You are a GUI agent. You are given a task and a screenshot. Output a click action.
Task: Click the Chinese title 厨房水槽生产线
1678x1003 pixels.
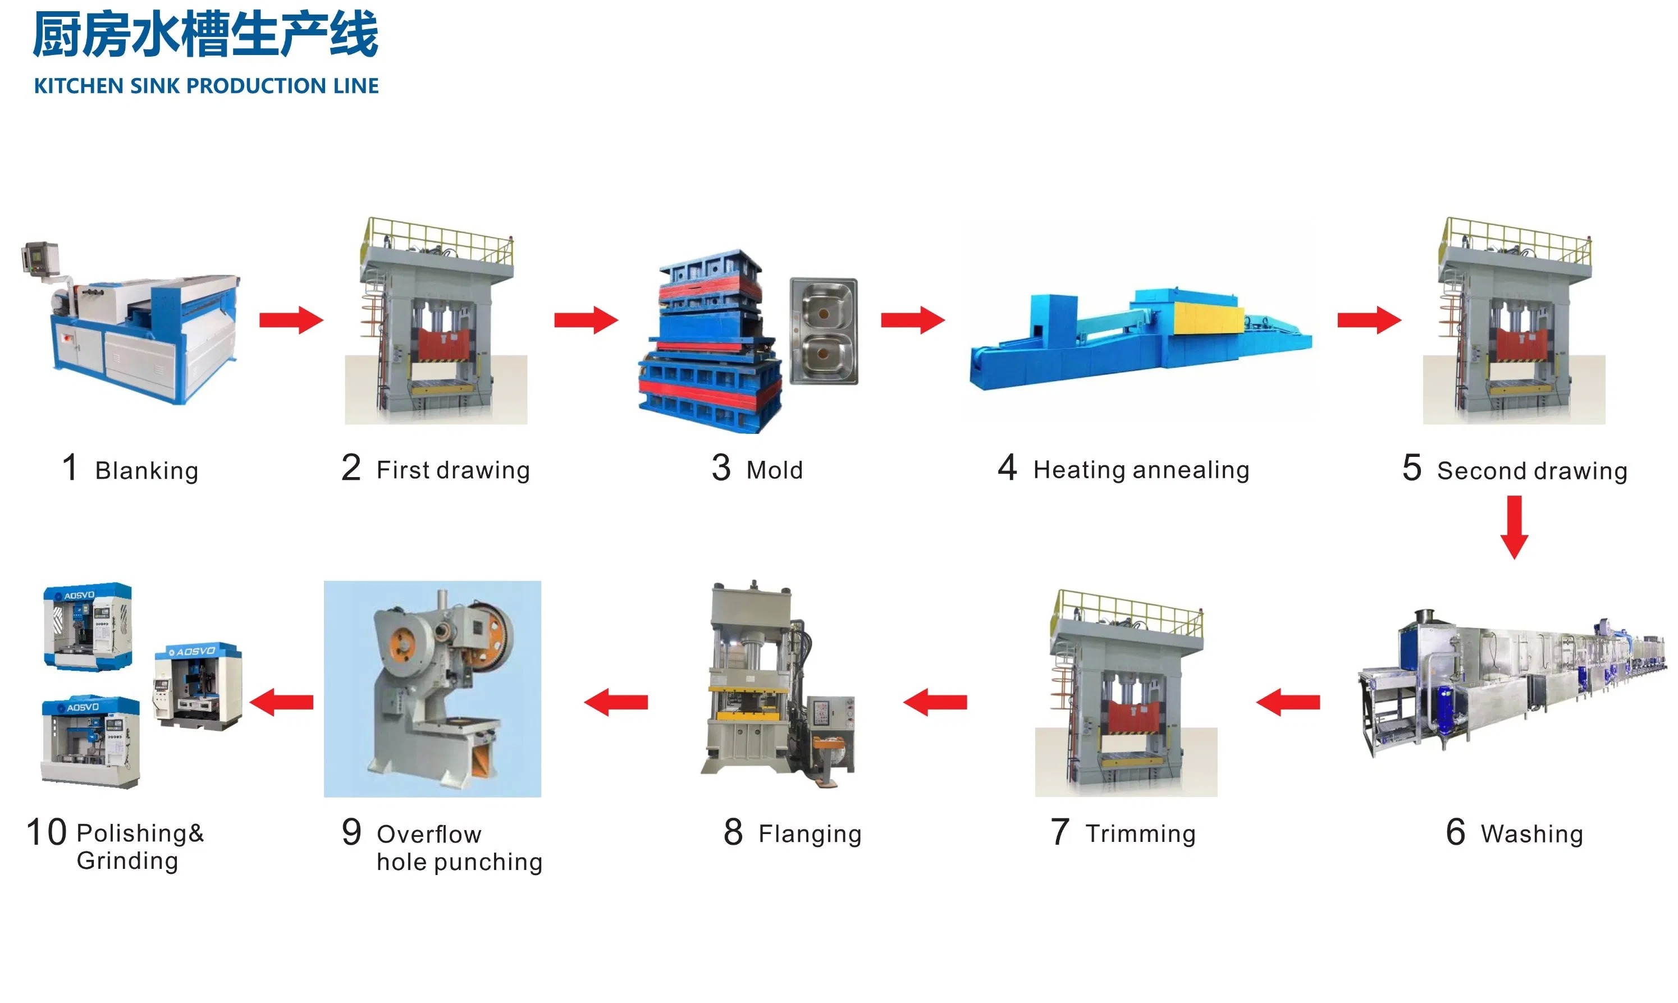pyautogui.click(x=205, y=35)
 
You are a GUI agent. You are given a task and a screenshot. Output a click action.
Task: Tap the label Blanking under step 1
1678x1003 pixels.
pyautogui.click(x=147, y=470)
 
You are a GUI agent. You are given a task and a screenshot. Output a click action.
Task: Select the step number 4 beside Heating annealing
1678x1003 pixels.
pyautogui.click(x=1007, y=468)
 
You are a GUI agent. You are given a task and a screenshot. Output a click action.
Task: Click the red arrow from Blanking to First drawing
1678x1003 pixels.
pyautogui.click(x=291, y=320)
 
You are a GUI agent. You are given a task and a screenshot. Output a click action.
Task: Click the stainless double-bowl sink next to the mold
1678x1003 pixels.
pyautogui.click(x=823, y=331)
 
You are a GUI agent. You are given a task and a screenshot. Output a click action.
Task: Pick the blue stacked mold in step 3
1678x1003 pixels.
pyautogui.click(x=710, y=341)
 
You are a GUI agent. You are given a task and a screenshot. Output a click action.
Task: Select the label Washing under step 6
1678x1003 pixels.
pyautogui.click(x=1531, y=834)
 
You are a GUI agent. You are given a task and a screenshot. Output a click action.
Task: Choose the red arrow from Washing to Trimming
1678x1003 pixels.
pyautogui.click(x=1287, y=702)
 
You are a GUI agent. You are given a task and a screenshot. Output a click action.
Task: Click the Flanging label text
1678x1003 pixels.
pyautogui.click(x=810, y=834)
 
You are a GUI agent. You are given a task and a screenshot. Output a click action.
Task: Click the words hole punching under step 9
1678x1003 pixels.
pyautogui.click(x=460, y=863)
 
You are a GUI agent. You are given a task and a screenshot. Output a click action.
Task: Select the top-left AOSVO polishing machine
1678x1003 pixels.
pyautogui.click(x=88, y=626)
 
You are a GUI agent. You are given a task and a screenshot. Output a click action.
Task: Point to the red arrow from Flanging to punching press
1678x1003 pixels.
pyautogui.click(x=616, y=702)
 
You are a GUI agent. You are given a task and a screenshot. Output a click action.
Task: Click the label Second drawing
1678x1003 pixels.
pyautogui.click(x=1531, y=470)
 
